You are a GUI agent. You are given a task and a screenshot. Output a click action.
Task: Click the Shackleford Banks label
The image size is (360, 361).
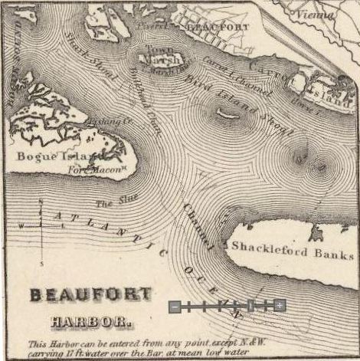(x=293, y=254)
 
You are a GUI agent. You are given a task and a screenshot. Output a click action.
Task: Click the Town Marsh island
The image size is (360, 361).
(x=162, y=58)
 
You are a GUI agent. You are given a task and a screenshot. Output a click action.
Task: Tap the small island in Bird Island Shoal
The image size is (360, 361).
(x=227, y=114)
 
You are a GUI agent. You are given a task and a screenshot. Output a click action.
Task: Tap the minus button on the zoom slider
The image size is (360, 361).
(x=175, y=306)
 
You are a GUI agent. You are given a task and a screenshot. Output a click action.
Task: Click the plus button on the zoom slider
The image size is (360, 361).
(x=280, y=306)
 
